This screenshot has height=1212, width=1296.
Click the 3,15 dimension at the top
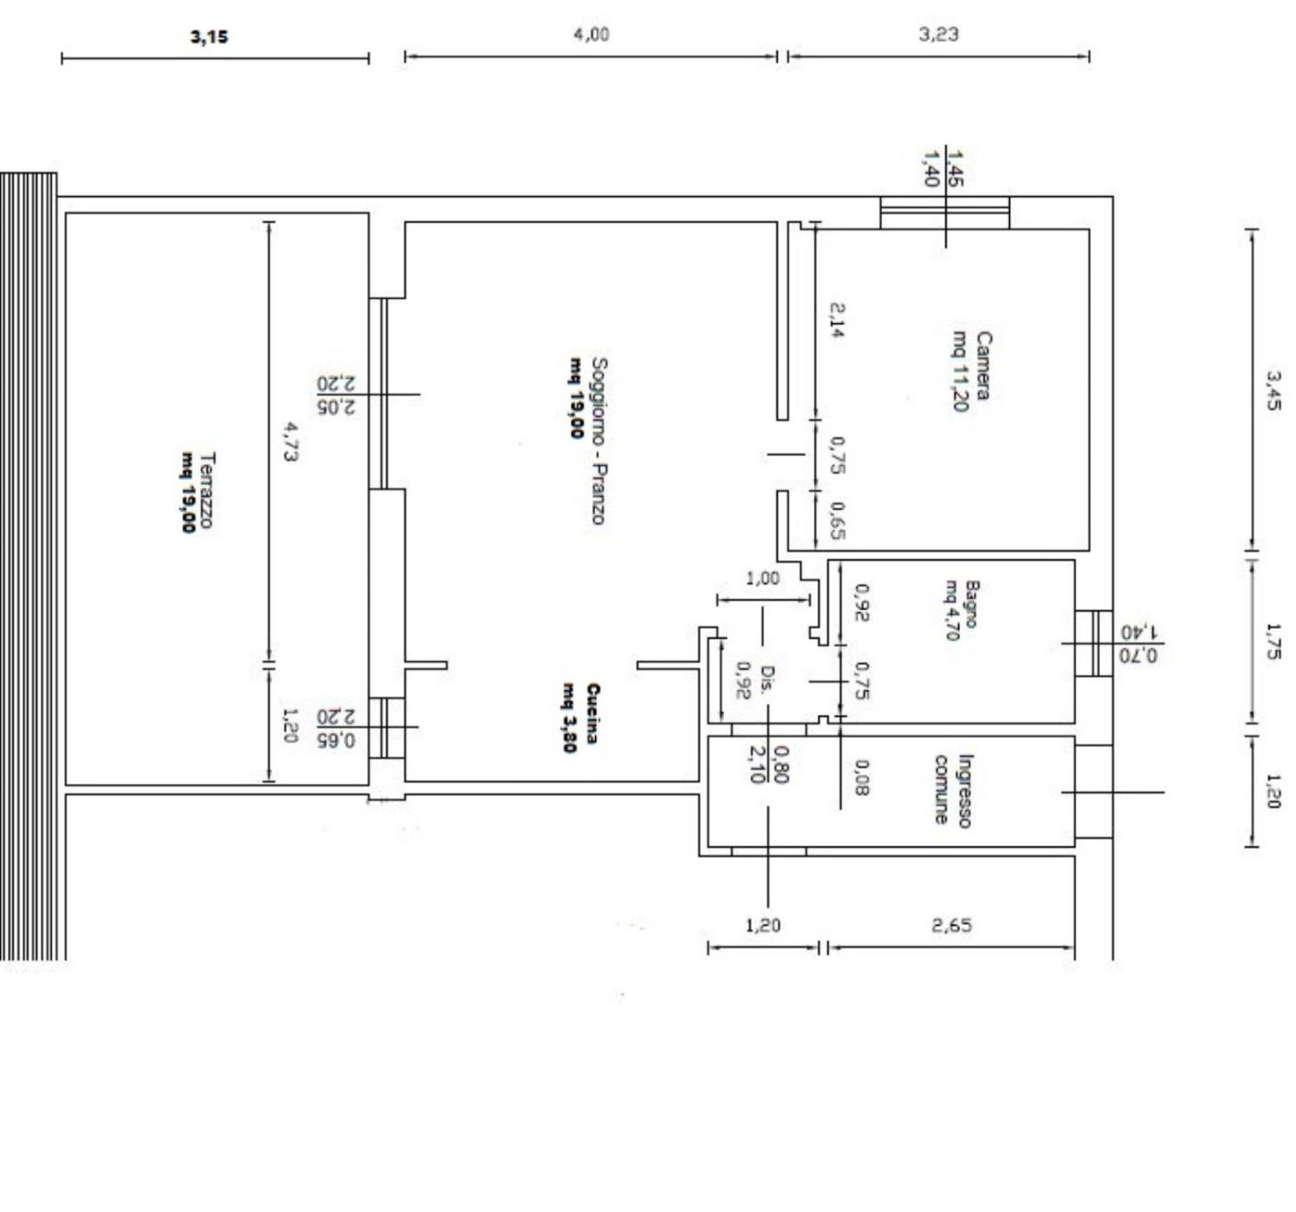coord(209,36)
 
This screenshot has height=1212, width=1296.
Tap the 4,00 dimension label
coord(592,34)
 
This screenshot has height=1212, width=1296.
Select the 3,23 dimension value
coord(939,34)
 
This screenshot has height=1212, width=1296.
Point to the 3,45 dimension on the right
coord(1273,391)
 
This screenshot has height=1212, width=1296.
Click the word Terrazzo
coord(206,490)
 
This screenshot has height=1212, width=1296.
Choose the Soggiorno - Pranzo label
coord(599,441)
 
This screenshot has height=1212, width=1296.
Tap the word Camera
coord(982,365)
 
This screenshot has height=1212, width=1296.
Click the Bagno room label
coord(971,604)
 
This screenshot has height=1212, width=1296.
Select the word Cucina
coord(592,714)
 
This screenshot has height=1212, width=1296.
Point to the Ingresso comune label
coord(952,791)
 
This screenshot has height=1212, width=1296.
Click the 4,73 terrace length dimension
coord(291,442)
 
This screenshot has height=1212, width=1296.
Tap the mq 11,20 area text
coord(960,370)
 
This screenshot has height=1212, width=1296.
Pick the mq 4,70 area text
coord(952,610)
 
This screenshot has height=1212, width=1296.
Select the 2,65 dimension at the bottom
coord(952,925)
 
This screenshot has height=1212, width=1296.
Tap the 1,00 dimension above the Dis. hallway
coord(762,578)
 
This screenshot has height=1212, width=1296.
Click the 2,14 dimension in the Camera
coord(837,319)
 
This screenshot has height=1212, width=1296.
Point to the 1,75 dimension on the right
coord(1273,642)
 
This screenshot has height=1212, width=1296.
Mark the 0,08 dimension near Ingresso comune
coord(862,777)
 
